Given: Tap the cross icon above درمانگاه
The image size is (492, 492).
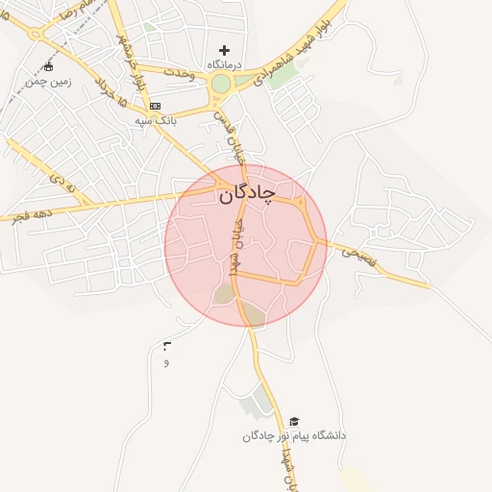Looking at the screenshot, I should [225, 50].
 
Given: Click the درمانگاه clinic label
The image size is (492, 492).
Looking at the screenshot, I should [225, 63].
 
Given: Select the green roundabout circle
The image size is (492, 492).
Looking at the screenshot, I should [221, 84].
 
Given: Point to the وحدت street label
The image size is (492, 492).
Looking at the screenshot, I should [180, 74].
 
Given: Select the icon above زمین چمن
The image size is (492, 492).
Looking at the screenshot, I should [49, 67].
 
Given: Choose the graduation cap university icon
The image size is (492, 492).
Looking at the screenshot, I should [294, 422].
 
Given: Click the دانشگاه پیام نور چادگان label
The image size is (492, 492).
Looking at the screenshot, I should [294, 436].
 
